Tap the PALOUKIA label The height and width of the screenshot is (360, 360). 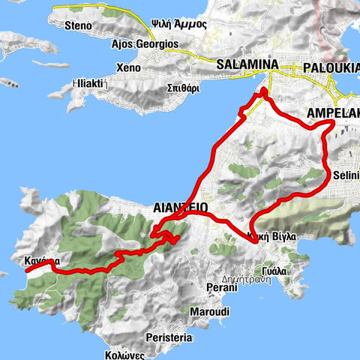click(331, 68)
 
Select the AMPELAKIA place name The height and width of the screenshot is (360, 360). click(333, 114)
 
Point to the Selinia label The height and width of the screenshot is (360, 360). click(345, 175)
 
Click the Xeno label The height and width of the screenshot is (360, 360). click(128, 67)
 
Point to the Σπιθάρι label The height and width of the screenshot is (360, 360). click(183, 87)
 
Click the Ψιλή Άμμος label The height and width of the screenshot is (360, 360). click(180, 22)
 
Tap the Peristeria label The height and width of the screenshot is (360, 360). click(171, 338)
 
